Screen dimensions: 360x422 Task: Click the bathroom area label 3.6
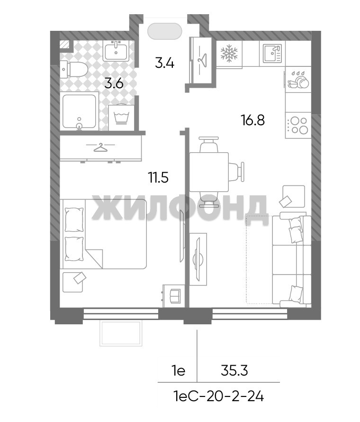[x=114, y=84]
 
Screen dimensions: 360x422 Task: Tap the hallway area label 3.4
[x=164, y=64]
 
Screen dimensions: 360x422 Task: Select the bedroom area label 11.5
[x=159, y=178]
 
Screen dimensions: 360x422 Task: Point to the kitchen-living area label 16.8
[x=253, y=120]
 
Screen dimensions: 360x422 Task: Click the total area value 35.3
[x=234, y=371]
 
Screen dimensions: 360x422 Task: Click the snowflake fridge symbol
[x=229, y=53]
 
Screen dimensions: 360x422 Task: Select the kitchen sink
[x=272, y=53]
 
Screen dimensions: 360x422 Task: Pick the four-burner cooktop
[x=298, y=126]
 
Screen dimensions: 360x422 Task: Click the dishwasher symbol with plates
[x=298, y=80]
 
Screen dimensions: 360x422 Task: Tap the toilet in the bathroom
[x=74, y=69]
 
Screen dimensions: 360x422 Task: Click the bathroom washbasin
[x=116, y=51]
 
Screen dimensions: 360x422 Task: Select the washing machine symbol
[x=121, y=117]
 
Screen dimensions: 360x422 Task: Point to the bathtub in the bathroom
[x=79, y=111]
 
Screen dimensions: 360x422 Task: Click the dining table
[x=209, y=172]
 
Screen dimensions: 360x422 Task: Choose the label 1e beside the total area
[x=179, y=371]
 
